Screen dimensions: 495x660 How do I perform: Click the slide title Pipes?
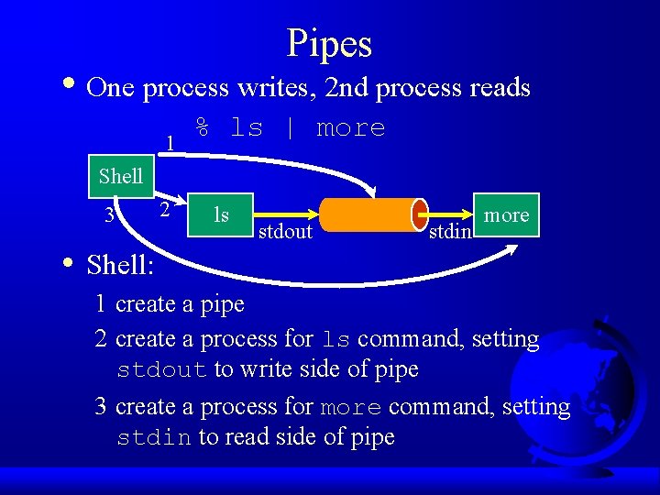point(329,43)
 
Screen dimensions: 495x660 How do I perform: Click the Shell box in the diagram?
point(121,176)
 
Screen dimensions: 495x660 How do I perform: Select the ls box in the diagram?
point(220,214)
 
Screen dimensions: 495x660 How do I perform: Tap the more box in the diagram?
point(506,215)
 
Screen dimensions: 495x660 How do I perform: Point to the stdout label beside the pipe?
point(285,232)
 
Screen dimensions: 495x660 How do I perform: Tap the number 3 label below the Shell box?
point(109,216)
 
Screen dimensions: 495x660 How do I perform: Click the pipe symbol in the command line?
point(291,128)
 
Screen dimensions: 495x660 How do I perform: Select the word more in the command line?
point(350,128)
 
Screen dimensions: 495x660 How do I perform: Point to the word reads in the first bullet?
point(499,88)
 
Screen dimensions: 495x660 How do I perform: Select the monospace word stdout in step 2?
point(162,370)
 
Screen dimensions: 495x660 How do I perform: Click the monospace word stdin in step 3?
point(154,438)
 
